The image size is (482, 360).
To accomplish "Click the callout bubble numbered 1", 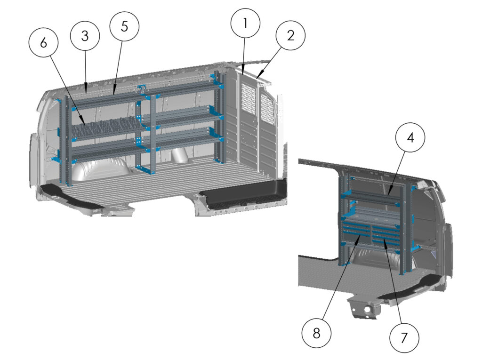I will (245, 23).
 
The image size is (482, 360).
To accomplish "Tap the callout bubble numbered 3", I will (85, 36).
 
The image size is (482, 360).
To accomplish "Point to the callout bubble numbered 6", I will (44, 43).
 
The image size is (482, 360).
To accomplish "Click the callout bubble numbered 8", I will (316, 333).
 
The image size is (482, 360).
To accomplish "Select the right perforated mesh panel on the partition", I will (267, 109).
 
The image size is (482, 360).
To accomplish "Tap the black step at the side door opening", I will (245, 197).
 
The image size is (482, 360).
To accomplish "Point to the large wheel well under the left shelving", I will (101, 169).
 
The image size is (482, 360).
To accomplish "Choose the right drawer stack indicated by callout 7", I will (386, 235).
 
